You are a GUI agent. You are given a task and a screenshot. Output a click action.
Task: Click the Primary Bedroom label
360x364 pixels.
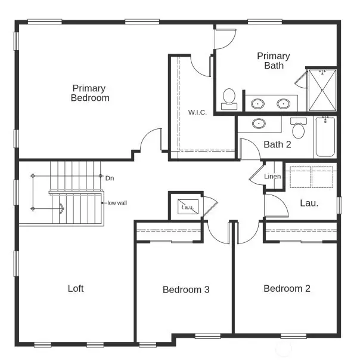point(90,93)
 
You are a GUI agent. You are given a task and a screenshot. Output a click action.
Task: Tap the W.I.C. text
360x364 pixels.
point(198,113)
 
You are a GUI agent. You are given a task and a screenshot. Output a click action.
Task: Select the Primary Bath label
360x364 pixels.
point(274,61)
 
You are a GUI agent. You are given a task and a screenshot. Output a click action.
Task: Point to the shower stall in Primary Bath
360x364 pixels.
point(322,90)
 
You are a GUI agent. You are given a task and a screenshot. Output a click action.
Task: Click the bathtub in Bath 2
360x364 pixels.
point(325,137)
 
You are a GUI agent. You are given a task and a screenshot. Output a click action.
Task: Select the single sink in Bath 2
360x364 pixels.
point(259,124)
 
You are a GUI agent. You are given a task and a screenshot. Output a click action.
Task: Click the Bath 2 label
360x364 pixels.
point(277,144)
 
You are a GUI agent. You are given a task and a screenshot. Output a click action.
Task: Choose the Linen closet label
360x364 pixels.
point(272,177)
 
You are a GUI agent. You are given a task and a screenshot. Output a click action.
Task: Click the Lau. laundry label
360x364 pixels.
point(309,203)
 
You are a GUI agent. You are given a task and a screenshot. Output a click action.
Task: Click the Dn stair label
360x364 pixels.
point(109,178)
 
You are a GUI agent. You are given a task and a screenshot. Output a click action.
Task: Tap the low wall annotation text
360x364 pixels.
point(117,203)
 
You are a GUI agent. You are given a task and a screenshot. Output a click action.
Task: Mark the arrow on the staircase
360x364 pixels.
point(61,208)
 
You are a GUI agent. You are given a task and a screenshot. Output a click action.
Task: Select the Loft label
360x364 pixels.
point(76,289)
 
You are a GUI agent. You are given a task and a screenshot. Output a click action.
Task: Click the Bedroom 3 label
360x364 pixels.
point(186,290)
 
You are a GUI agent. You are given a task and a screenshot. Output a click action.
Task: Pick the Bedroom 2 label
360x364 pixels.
point(287,289)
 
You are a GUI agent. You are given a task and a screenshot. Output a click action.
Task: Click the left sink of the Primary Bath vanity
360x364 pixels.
point(258,103)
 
